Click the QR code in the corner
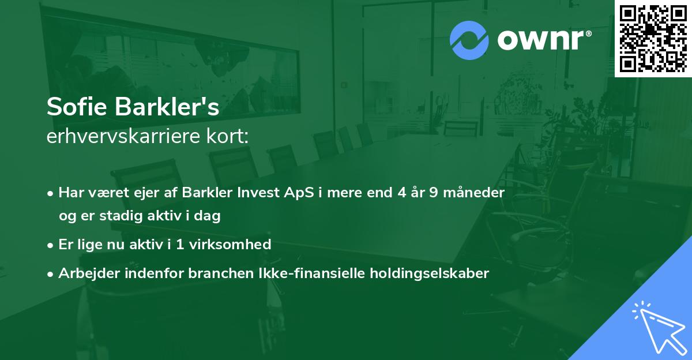652,38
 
